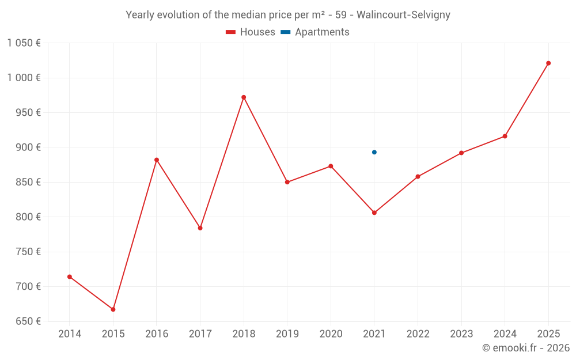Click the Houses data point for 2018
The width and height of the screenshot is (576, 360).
244,97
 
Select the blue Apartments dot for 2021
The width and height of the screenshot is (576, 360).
374,152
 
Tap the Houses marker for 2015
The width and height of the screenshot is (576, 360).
113,309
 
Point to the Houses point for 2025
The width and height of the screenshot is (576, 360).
548,63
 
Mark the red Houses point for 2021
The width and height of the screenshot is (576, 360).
374,213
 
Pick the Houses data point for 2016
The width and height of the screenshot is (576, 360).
157,160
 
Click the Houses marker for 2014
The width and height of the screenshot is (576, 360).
70,276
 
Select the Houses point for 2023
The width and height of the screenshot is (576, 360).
461,153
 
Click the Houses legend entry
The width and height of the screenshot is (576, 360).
251,32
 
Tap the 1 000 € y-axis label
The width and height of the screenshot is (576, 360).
24,78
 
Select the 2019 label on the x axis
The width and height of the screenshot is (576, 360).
287,334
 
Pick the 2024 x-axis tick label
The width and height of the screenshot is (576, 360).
505,334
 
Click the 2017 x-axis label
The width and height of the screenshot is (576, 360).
200,334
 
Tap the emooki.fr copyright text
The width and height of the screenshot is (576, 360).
525,348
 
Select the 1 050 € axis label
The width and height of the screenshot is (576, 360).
24,43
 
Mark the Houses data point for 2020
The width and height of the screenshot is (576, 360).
331,166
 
